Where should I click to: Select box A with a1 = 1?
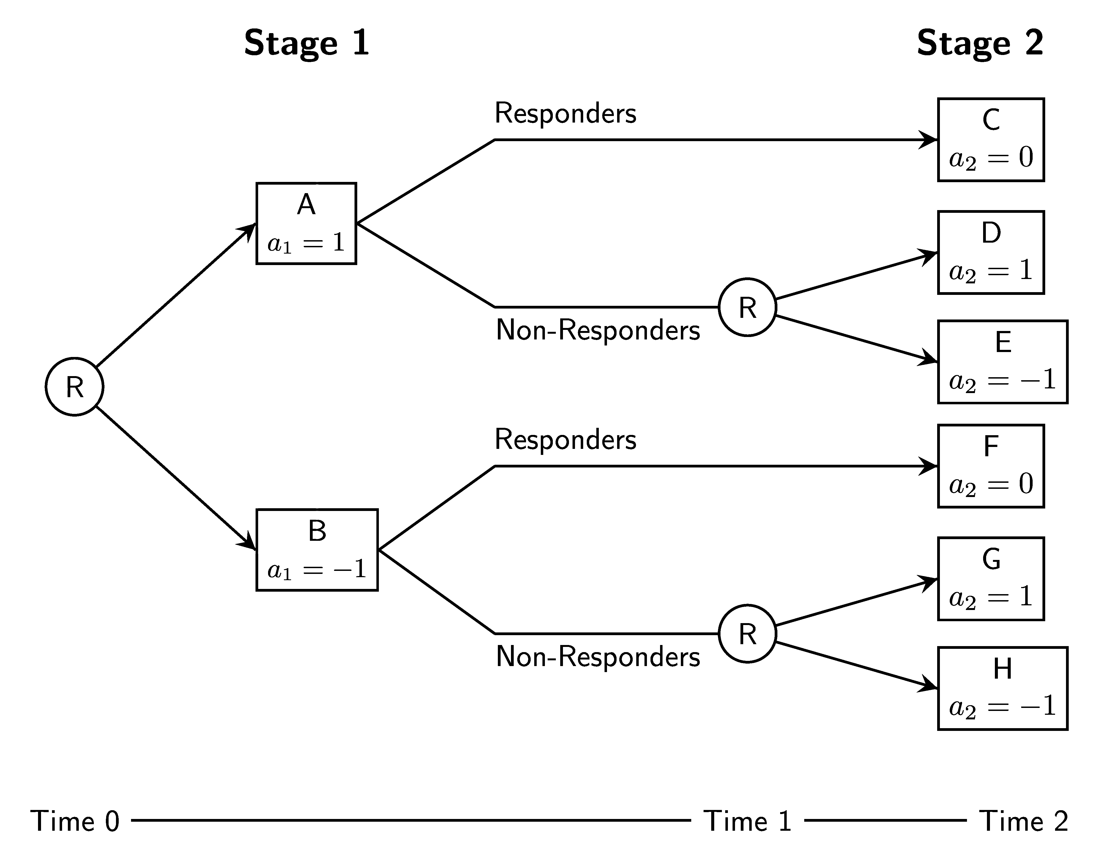[306, 223]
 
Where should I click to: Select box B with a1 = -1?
[317, 550]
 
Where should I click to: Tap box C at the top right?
[990, 140]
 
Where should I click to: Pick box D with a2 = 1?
[990, 252]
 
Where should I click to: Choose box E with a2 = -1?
[1002, 362]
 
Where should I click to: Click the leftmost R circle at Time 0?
[74, 387]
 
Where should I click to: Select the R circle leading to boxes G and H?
[747, 634]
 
